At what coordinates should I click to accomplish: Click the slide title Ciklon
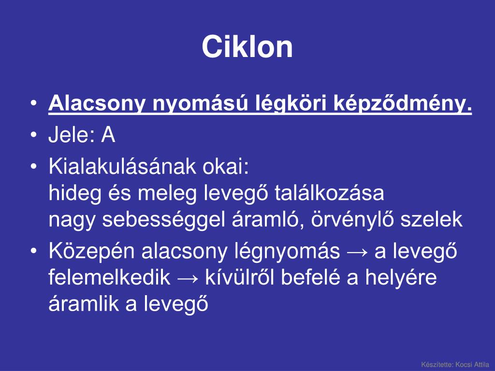click(x=247, y=47)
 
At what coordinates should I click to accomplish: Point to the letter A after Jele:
click(x=108, y=136)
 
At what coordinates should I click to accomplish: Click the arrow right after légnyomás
click(x=358, y=252)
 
